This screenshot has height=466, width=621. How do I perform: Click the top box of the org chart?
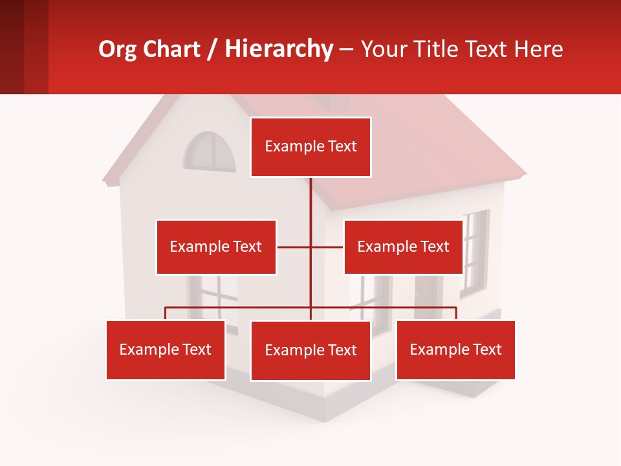[x=310, y=147]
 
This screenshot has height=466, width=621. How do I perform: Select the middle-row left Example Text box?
[x=216, y=247]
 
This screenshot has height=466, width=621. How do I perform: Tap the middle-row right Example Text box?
[x=403, y=247]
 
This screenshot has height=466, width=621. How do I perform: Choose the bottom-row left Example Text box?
[x=166, y=349]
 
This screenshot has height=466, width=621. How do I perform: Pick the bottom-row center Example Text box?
[x=310, y=350]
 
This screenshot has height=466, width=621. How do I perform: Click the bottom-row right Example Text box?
[x=455, y=349]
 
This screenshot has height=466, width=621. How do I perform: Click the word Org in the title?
[x=114, y=49]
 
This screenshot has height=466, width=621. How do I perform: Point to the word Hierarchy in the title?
[x=279, y=49]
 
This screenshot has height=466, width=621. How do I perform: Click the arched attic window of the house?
[x=210, y=153]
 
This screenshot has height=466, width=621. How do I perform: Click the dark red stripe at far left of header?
[x=12, y=47]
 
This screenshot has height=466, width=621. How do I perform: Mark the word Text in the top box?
[x=342, y=147]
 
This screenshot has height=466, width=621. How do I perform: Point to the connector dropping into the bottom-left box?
[x=166, y=313]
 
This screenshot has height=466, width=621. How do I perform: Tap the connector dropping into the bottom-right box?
[x=456, y=313]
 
